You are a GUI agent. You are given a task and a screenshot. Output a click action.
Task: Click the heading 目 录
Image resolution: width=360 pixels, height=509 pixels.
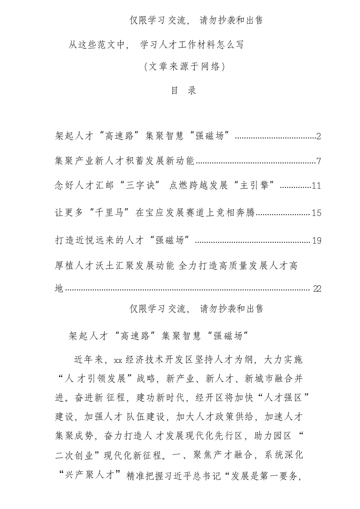[x=183, y=91]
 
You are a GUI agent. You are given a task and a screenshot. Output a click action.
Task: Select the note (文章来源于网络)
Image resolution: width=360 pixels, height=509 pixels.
[x=184, y=67]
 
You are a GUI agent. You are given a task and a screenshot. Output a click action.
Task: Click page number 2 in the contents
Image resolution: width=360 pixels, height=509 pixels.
[x=319, y=136]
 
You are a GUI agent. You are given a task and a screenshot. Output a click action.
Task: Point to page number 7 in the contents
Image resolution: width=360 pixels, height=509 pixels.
[x=319, y=161]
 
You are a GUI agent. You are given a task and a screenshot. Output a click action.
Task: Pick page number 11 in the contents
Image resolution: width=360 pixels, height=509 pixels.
[x=316, y=186]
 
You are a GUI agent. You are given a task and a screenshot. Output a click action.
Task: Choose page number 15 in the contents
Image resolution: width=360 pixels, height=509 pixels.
[x=316, y=213]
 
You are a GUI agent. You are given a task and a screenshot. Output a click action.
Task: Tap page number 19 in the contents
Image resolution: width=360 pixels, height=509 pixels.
[x=316, y=240]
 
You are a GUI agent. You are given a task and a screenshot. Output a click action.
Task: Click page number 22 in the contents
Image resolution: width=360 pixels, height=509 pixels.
[x=317, y=289]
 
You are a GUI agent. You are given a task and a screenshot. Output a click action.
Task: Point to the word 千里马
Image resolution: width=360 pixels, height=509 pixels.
[x=107, y=213]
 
